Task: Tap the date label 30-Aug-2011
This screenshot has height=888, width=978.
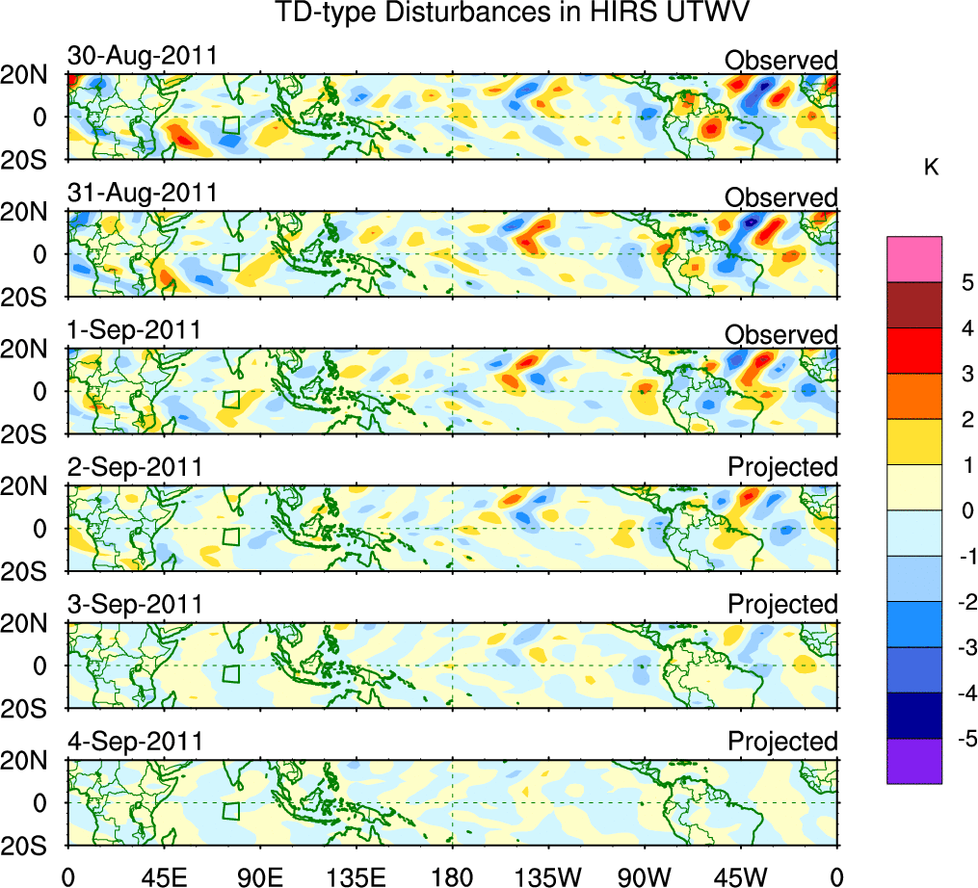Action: (142, 57)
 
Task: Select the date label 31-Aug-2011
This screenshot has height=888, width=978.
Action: (142, 194)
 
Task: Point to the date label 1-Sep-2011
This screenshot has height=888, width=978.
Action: (134, 330)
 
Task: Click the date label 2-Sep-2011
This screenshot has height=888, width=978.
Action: (134, 467)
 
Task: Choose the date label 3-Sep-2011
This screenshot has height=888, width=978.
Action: (134, 604)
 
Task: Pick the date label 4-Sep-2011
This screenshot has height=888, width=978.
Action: (134, 742)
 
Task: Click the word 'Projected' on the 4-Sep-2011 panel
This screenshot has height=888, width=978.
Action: (782, 742)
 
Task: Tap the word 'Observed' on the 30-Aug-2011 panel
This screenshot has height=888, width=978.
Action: (781, 61)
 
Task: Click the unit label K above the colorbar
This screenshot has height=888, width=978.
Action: (931, 168)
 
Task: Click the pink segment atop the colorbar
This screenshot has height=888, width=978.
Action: (914, 258)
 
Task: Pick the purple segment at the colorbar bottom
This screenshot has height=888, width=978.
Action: (914, 761)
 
